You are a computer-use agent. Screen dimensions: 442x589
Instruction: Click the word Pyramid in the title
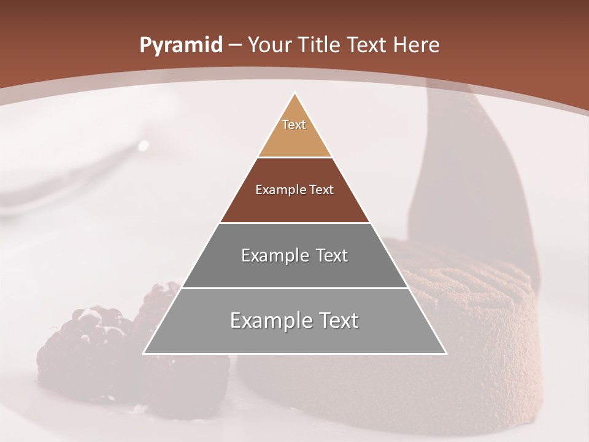click(x=180, y=45)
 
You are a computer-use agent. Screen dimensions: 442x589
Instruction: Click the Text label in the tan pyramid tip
click(x=294, y=125)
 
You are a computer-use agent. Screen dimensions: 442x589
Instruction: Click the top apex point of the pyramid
click(x=294, y=93)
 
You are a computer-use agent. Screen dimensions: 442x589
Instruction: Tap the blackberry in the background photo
click(x=92, y=344)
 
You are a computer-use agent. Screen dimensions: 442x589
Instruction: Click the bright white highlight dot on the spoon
click(x=144, y=145)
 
